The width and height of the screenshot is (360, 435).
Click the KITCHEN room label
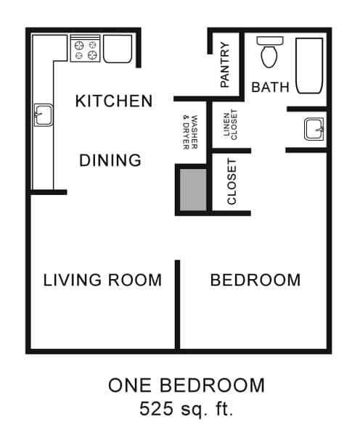click(114, 101)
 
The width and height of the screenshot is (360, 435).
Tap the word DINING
click(110, 160)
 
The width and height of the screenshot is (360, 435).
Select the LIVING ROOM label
click(102, 280)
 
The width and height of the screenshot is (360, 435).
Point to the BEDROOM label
click(255, 280)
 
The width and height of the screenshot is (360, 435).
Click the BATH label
click(270, 88)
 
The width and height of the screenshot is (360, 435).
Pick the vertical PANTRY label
click(225, 65)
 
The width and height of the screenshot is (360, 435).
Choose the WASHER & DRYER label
click(190, 132)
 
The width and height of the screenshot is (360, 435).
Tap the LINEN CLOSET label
click(230, 125)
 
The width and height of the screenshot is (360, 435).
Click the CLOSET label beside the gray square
click(232, 182)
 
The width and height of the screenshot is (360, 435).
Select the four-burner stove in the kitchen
click(85, 49)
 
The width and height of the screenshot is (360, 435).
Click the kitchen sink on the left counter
click(42, 114)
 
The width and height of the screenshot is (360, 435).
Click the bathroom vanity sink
click(314, 130)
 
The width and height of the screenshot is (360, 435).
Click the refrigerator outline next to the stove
click(118, 49)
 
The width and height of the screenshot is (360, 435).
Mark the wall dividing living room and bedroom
click(178, 304)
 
